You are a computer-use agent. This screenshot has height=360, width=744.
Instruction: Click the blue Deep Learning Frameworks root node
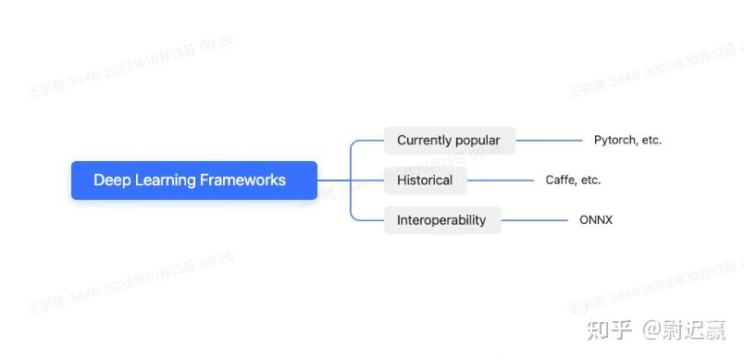pos(194,180)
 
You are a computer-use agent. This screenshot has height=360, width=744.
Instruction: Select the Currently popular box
pos(449,141)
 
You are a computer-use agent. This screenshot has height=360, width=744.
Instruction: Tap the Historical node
pos(425,180)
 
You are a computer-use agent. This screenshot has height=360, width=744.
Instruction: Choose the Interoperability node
pos(441,220)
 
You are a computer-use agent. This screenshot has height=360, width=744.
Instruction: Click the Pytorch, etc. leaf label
pos(627,141)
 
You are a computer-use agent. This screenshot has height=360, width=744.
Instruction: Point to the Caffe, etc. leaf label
pos(573,180)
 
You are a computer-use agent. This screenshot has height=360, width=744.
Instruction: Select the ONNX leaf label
pos(596,220)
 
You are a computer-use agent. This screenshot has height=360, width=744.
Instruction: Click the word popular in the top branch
pos(478,141)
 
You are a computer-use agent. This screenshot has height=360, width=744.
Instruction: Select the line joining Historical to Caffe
pos(501,180)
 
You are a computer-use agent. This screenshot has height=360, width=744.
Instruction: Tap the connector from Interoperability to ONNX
pos(534,220)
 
